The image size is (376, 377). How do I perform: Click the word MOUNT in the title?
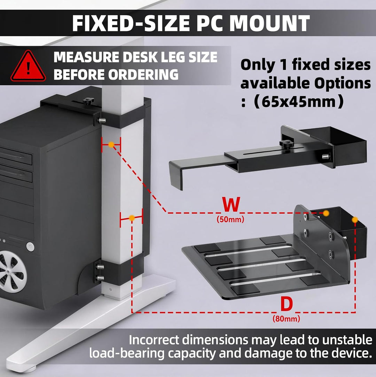pyautogui.click(x=269, y=23)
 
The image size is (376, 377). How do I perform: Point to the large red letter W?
pyautogui.click(x=231, y=204)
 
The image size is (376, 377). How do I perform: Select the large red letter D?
pyautogui.click(x=287, y=304)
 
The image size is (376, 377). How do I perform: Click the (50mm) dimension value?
pyautogui.click(x=230, y=219)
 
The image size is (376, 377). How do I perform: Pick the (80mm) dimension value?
pyautogui.click(x=286, y=319)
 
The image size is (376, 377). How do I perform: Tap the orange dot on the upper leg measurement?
pyautogui.click(x=111, y=144)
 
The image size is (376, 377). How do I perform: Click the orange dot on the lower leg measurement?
pyautogui.click(x=132, y=218)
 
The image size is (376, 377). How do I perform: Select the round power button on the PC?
pyautogui.click(x=30, y=247)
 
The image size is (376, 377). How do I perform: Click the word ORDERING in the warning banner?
pyautogui.click(x=143, y=74)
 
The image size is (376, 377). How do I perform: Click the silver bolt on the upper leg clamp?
pyautogui.click(x=102, y=120)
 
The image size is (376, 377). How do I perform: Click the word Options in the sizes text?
pyautogui.click(x=342, y=84)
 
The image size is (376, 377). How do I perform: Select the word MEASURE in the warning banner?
pyautogui.click(x=87, y=57)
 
